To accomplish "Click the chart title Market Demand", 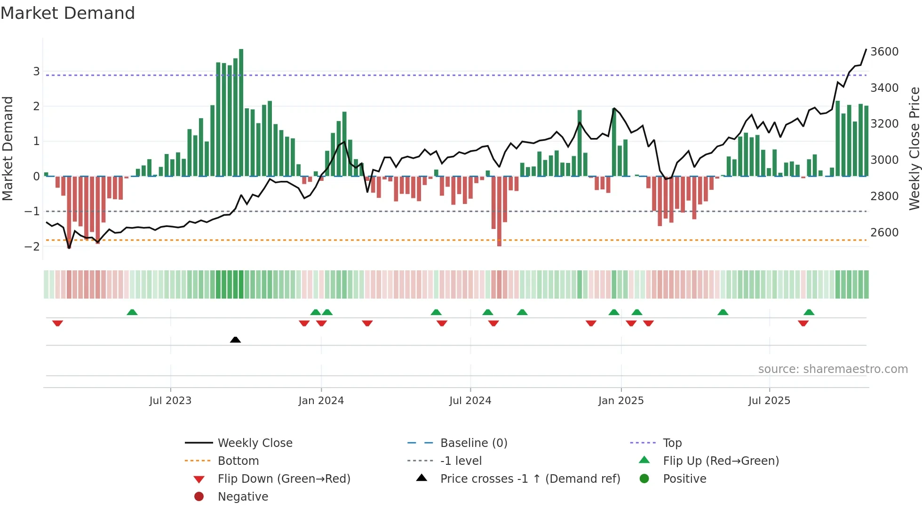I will click(x=68, y=13).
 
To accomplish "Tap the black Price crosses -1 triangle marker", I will click(x=235, y=340).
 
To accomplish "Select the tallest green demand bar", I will click(x=241, y=113).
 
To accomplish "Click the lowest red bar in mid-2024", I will click(x=499, y=212).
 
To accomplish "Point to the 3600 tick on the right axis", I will click(x=884, y=52).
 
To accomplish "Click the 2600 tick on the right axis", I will click(x=884, y=233).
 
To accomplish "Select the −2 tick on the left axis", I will click(x=32, y=246).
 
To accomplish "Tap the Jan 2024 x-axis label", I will click(x=321, y=401).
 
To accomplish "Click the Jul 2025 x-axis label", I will click(x=769, y=401).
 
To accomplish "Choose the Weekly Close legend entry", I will click(x=254, y=443).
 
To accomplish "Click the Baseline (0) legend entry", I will click(x=473, y=443).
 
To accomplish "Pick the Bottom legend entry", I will click(x=238, y=461).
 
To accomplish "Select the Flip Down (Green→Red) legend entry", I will click(x=284, y=479).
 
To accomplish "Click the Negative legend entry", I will click(x=243, y=497).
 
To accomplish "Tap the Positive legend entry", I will click(x=684, y=479).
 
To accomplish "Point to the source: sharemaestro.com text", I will click(x=833, y=369).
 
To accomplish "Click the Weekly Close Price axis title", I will click(x=914, y=148).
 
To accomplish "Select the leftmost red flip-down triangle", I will click(x=57, y=323).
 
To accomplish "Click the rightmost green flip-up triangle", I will click(x=809, y=312).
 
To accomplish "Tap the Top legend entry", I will click(x=672, y=443).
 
